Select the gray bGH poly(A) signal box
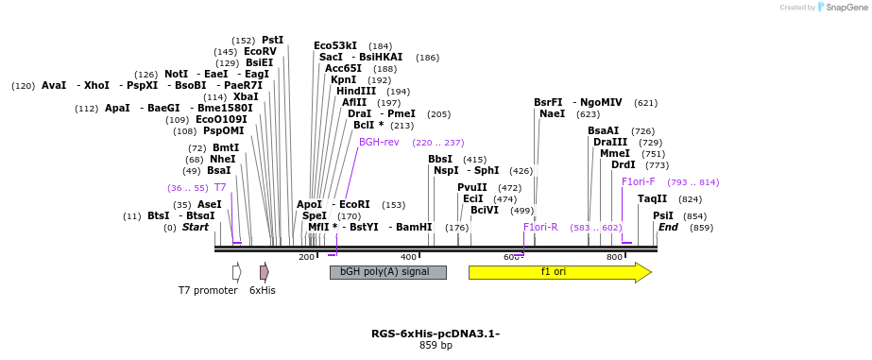tap(387, 272)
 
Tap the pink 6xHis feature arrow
tap(265, 272)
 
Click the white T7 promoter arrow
tap(236, 272)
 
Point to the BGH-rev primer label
tap(379, 143)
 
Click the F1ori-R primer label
tap(540, 228)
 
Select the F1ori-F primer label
tap(638, 182)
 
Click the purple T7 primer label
tap(220, 188)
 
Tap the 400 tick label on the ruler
tap(408, 257)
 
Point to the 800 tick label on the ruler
tap(614, 257)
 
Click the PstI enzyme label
tap(272, 41)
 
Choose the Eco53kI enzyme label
tap(335, 45)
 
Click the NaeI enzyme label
tap(552, 114)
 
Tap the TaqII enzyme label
tap(652, 199)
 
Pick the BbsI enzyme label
tap(440, 160)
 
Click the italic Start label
tap(196, 228)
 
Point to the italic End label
tap(668, 228)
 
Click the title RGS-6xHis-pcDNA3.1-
tap(436, 334)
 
